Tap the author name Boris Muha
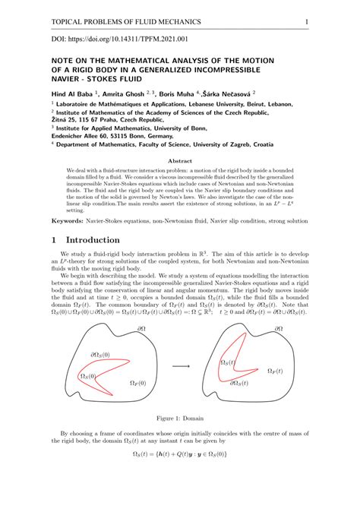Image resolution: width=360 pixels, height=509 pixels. [190, 93]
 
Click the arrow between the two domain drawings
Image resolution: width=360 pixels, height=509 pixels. [181, 365]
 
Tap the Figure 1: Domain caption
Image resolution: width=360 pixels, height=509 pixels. [179, 417]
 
